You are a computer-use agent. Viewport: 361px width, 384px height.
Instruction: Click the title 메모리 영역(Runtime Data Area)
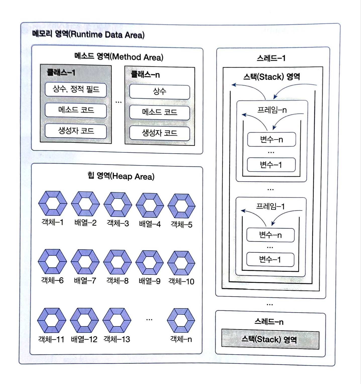pos(88,34)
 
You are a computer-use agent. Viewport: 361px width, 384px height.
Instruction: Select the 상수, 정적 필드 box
pos(76,90)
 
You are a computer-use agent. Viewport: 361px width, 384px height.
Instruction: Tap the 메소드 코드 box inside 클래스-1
pos(76,110)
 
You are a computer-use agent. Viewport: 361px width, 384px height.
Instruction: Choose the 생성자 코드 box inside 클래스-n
pos(160,133)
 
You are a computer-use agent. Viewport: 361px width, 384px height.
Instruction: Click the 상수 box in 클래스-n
pos(160,92)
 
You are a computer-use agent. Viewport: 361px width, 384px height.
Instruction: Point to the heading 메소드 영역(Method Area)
pos(119,57)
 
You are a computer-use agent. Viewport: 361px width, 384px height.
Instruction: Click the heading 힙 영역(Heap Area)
pos(121,176)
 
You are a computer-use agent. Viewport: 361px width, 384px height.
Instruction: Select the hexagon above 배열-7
pos(85,262)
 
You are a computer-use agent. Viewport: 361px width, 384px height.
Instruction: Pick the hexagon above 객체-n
pos(181,321)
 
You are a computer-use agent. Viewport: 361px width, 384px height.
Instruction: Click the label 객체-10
pos(181,281)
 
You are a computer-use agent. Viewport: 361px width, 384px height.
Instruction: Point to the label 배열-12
pos(84,339)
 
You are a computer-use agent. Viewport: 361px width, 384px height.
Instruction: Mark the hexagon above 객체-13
pos(117,320)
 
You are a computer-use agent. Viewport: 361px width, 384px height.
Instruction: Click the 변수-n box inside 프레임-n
pos(271,140)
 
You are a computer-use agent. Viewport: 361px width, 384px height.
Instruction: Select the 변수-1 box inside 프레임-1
pos(270,259)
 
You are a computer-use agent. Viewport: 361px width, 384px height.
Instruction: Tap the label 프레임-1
pos(270,206)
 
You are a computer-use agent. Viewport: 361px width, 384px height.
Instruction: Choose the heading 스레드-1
pos(271,58)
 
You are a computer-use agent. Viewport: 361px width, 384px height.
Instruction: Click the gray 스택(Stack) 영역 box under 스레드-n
pos(270,340)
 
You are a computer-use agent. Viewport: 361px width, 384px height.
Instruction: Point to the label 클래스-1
pos(61,73)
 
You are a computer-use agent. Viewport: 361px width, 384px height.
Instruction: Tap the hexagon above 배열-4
pos(150,205)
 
